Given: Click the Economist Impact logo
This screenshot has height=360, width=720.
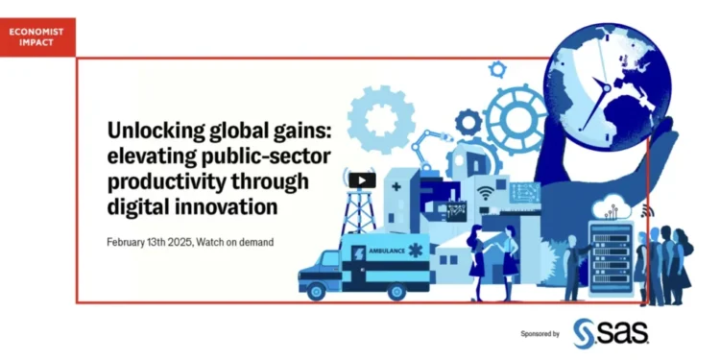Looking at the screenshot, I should coord(36,36).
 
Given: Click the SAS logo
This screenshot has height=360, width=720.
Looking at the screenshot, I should coord(611,331).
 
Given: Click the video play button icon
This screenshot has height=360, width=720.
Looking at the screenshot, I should coord(362,180).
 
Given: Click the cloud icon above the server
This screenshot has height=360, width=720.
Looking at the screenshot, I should coord(611,205).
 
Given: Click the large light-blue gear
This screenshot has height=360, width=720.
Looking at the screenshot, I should coord(379,120).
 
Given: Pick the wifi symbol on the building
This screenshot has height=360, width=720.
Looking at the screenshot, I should coord(486,193).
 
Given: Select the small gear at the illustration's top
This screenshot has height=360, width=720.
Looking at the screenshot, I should coord(497,69).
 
